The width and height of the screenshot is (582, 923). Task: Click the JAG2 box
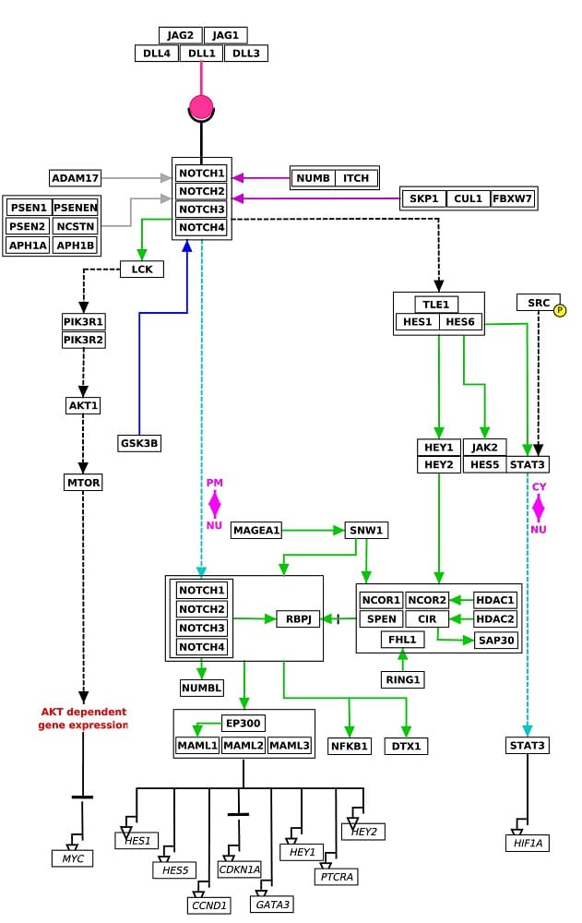click(180, 35)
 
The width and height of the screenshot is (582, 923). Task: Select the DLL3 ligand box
click(246, 54)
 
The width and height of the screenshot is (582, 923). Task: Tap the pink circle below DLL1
click(201, 107)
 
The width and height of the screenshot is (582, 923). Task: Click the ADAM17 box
click(76, 178)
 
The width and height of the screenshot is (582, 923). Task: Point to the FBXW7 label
click(512, 198)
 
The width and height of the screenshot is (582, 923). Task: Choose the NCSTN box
click(76, 226)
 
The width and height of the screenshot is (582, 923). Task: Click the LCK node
click(142, 270)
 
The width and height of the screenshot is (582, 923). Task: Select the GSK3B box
click(139, 443)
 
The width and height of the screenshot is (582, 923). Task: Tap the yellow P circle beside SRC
click(560, 310)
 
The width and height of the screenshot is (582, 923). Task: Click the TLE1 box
click(435, 305)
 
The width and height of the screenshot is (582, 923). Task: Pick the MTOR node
click(84, 483)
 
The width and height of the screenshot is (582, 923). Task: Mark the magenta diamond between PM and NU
click(214, 505)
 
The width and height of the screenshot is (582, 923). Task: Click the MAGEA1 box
click(256, 531)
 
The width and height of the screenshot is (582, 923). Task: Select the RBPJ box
click(298, 619)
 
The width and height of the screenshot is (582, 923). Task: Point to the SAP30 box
click(496, 641)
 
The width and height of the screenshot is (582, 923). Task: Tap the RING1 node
click(402, 680)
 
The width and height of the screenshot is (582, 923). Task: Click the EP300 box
click(243, 723)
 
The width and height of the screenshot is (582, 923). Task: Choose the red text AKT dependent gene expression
click(83, 719)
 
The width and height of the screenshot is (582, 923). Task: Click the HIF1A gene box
click(528, 844)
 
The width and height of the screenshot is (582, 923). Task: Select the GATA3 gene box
click(272, 905)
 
